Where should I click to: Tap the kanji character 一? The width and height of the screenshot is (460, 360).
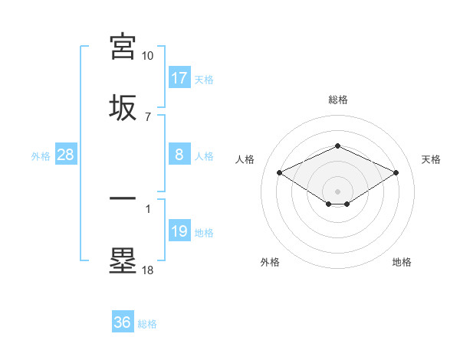[123, 199]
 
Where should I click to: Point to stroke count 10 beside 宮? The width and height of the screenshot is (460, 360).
[148, 56]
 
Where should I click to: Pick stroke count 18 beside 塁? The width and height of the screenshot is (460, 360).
[148, 270]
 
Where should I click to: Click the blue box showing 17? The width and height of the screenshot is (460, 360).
[179, 78]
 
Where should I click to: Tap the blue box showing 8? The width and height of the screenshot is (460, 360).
[179, 155]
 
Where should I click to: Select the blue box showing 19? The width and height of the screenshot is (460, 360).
[179, 231]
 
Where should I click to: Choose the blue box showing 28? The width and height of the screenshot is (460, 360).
[66, 155]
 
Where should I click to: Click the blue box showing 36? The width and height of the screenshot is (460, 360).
[123, 322]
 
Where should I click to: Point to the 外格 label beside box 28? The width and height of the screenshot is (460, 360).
[41, 155]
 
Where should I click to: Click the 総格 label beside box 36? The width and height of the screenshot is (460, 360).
[148, 324]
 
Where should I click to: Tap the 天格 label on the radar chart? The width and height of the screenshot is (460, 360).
[431, 159]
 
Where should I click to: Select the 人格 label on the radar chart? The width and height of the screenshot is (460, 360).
[245, 159]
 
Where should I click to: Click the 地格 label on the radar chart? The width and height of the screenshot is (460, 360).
[402, 262]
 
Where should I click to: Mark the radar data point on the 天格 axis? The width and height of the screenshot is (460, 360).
[396, 172]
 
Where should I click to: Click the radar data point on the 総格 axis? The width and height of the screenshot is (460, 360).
[337, 146]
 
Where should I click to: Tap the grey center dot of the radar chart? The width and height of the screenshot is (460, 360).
[337, 191]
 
